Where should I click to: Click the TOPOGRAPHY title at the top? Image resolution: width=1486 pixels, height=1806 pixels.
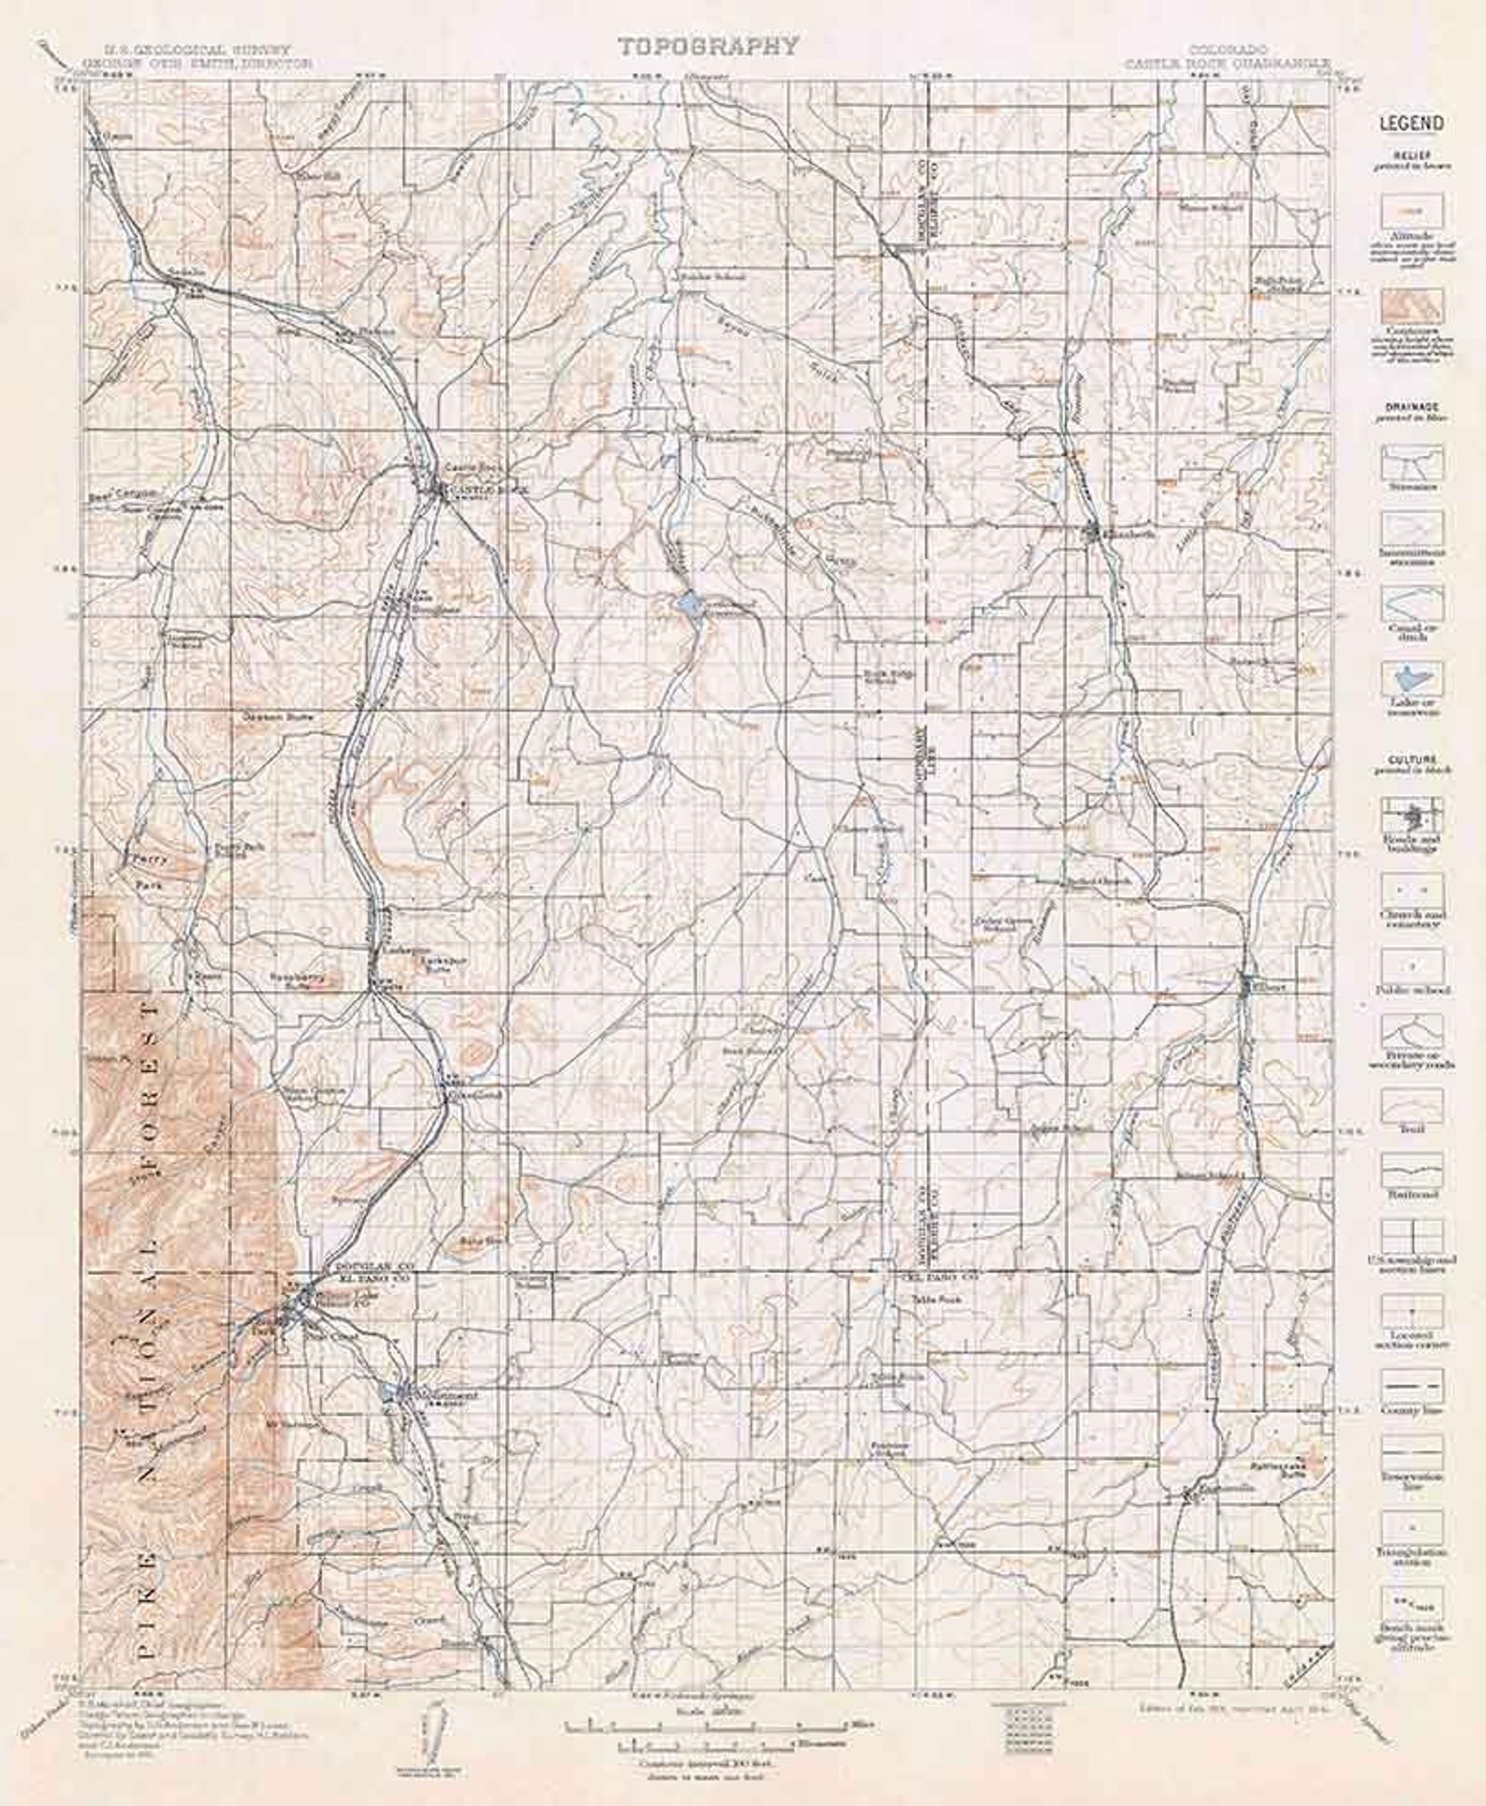[x=708, y=46]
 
